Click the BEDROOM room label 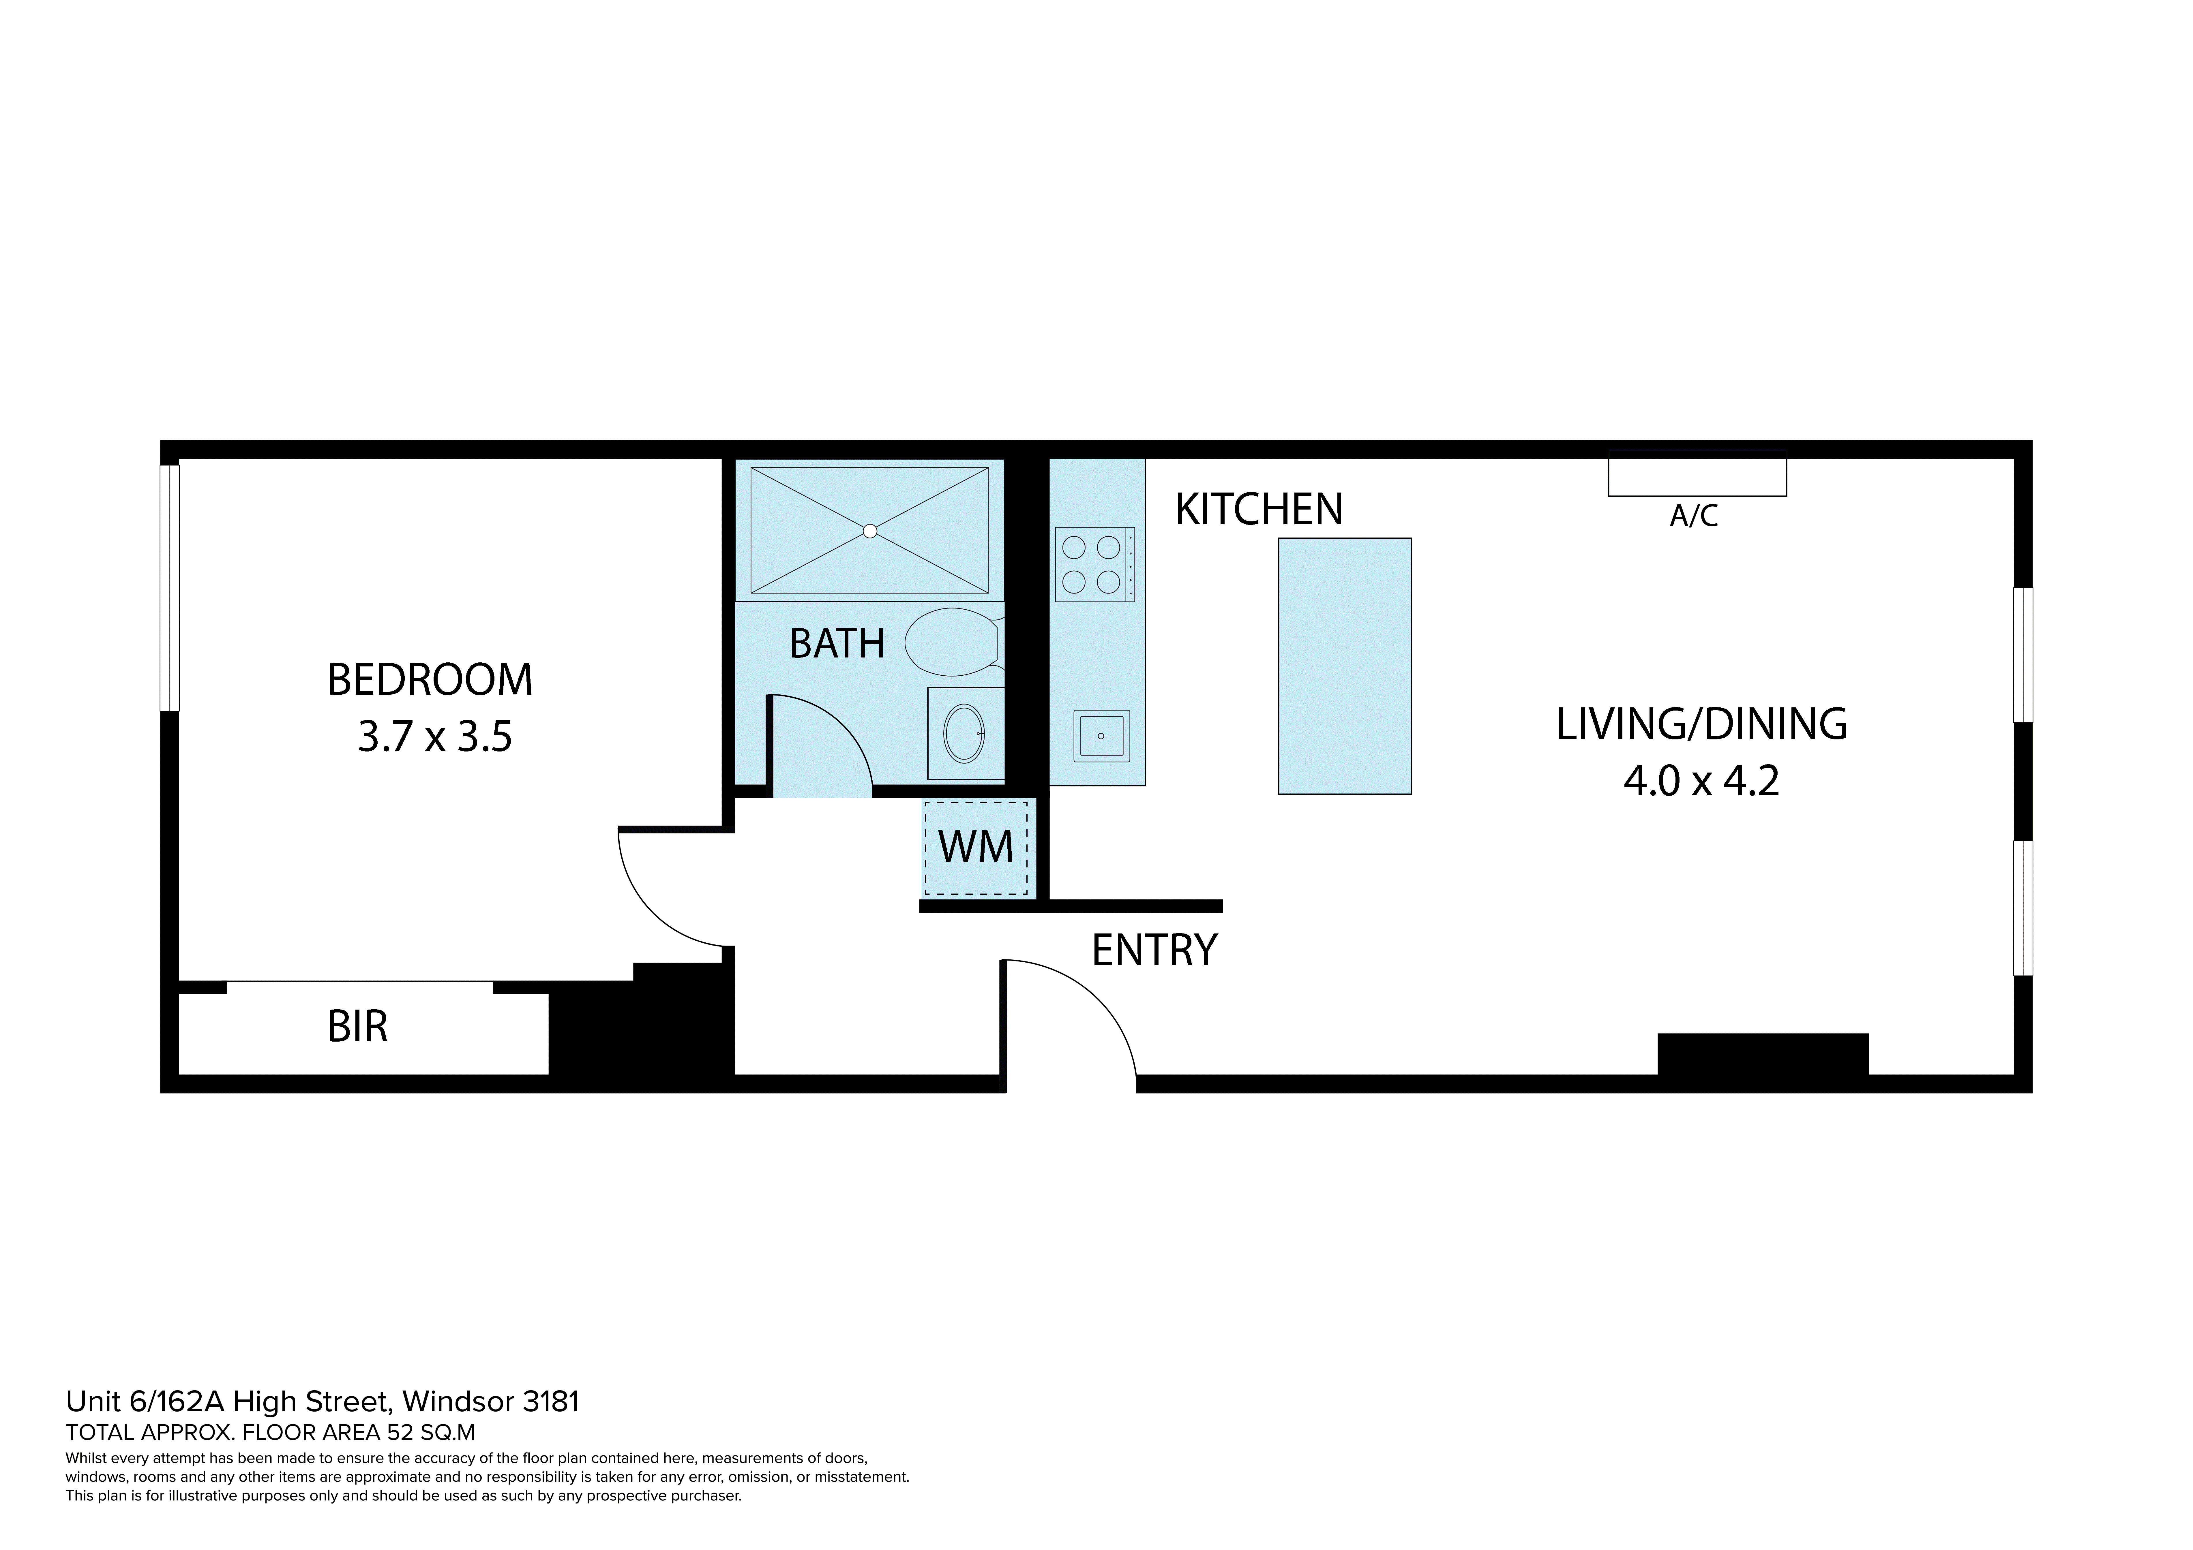pyautogui.click(x=430, y=680)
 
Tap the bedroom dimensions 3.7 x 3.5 pyautogui.click(x=434, y=737)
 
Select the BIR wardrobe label pyautogui.click(x=357, y=1027)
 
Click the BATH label pyautogui.click(x=837, y=644)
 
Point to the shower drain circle pyautogui.click(x=869, y=531)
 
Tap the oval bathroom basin pyautogui.click(x=964, y=733)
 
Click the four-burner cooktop pyautogui.click(x=1094, y=564)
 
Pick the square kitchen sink pyautogui.click(x=1101, y=735)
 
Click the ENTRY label pyautogui.click(x=1154, y=950)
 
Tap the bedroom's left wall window pyautogui.click(x=169, y=587)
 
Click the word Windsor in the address pyautogui.click(x=458, y=1402)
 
